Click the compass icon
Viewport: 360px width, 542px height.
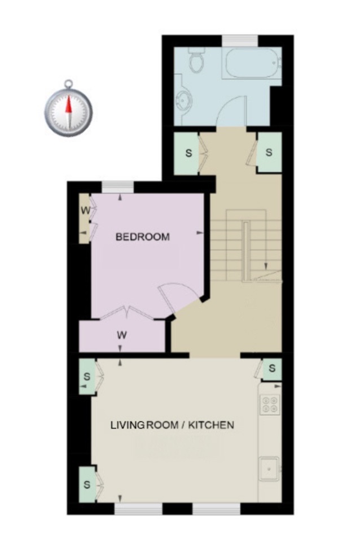coord(68,110)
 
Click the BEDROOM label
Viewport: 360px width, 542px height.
coord(142,237)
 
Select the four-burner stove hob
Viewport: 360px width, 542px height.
coord(269,404)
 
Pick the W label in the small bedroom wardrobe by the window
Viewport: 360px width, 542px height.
coord(85,212)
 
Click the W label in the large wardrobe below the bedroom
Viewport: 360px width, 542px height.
coord(121,335)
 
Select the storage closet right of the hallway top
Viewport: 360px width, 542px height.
coord(269,152)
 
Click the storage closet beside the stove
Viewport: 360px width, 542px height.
coord(271,369)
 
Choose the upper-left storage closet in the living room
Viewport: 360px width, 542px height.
coord(87,376)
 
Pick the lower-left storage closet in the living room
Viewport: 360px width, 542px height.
coord(87,484)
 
